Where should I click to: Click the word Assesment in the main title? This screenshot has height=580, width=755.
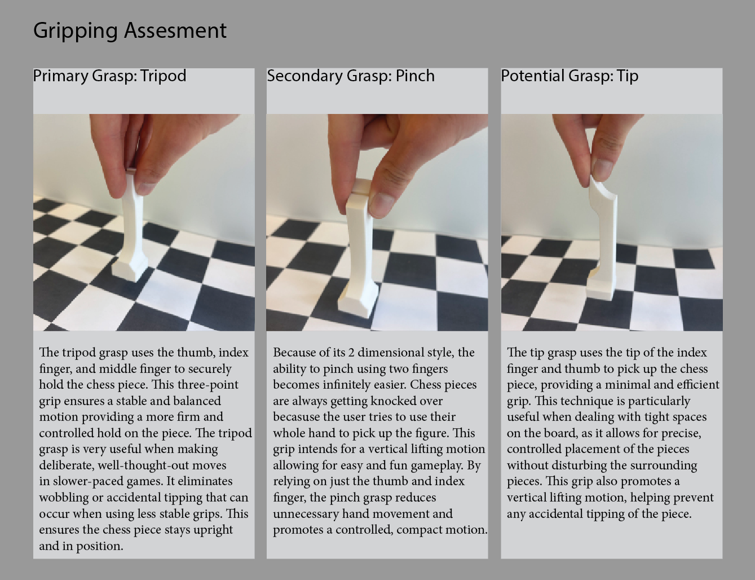click(175, 30)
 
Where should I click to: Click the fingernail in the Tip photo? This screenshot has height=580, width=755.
click(602, 169)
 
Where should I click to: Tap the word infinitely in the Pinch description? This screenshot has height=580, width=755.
click(350, 385)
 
